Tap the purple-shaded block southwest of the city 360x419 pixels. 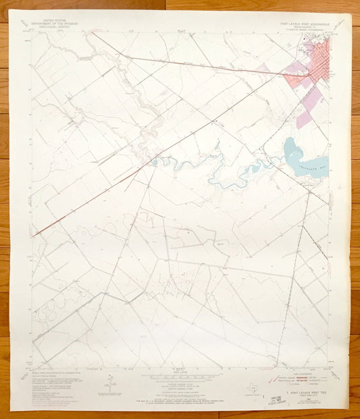coord(305,117)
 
